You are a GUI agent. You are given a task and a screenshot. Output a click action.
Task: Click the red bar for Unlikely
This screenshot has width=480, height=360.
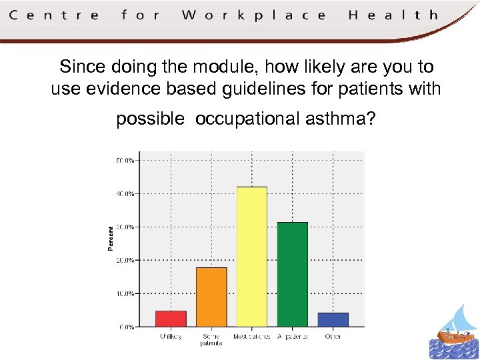(x=171, y=319)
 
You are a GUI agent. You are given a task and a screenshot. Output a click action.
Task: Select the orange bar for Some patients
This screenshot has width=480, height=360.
(x=211, y=297)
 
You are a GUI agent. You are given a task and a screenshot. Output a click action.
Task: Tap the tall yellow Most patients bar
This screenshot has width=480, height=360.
(x=252, y=257)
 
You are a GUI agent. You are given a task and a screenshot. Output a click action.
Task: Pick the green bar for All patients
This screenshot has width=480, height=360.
(x=293, y=274)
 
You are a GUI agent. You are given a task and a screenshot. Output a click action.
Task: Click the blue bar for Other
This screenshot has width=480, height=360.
(x=333, y=319)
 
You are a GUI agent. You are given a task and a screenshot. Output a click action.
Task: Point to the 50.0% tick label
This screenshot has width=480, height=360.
(x=125, y=160)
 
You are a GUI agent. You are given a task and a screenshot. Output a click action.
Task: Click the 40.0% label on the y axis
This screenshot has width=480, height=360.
(x=125, y=193)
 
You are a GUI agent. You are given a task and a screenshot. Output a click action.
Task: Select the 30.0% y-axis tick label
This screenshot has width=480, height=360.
(x=125, y=227)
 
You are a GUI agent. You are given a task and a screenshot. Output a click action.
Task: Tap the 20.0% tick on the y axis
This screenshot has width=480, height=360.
(x=125, y=260)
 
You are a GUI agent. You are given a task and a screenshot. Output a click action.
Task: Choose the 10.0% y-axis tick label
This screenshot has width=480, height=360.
(x=125, y=293)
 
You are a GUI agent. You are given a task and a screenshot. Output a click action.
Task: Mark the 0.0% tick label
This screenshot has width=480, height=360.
(x=126, y=327)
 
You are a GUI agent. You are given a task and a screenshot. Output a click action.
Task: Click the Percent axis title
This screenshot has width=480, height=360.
(x=111, y=238)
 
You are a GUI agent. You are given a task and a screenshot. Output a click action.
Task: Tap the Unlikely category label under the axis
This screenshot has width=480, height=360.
(x=171, y=337)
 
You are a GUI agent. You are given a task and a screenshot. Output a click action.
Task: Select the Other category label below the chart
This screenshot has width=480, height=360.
(x=333, y=337)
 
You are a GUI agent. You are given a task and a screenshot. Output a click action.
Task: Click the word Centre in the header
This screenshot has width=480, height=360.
(x=54, y=15)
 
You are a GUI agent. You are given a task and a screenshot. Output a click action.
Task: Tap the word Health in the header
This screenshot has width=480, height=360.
(x=393, y=15)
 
